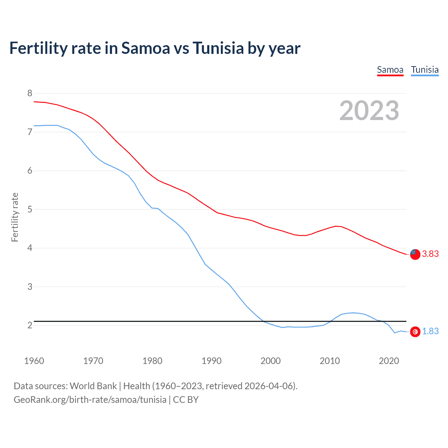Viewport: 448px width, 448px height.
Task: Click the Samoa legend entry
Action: pos(390,70)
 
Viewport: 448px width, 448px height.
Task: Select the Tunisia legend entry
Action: pos(425,70)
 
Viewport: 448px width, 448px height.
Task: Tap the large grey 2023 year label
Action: pos(369,111)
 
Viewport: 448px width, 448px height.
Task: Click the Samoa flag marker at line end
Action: pos(415,254)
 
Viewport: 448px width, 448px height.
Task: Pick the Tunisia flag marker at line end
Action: pos(415,331)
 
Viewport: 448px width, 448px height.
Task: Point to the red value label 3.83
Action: pos(430,254)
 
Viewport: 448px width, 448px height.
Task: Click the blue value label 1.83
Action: pos(430,331)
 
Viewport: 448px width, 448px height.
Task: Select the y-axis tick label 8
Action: pos(30,93)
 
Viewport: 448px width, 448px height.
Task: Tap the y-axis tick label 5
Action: pos(30,210)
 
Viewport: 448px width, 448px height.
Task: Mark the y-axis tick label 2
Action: pos(30,325)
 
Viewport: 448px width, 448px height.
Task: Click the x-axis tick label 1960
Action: pos(34,361)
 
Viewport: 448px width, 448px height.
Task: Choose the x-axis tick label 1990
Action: pos(211,361)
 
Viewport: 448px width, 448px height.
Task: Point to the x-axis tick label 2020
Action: pos(389,361)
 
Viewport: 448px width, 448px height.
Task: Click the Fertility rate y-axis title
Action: pos(15,217)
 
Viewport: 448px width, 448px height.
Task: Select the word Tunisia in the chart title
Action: pos(218,48)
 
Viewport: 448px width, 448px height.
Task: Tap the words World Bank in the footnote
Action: pos(93,386)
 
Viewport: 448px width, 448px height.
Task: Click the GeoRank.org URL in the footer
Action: pos(90,400)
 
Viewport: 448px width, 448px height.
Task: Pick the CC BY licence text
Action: pos(185,400)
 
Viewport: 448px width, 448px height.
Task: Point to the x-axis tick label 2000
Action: pos(271,361)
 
